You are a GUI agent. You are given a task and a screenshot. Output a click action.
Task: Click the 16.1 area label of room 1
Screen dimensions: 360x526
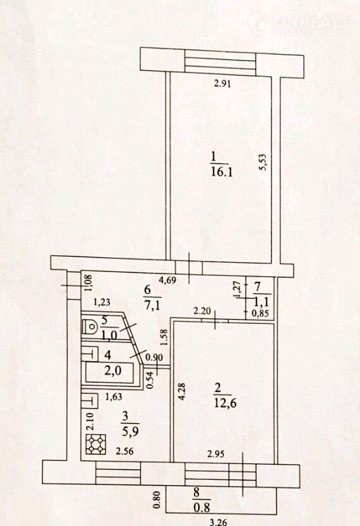(x=222, y=172)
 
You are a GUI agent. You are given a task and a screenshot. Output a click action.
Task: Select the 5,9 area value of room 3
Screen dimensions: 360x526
(x=126, y=431)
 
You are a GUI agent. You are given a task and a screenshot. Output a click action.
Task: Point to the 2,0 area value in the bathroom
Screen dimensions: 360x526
(x=112, y=371)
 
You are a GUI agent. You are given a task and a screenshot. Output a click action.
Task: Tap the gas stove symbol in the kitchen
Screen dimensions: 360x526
(x=96, y=444)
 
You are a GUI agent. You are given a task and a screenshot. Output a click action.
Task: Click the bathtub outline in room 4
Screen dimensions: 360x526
(x=109, y=372)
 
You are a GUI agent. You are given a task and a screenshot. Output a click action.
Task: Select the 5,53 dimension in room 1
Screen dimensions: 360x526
(x=263, y=162)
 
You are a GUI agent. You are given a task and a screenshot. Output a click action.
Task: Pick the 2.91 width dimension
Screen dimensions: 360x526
(x=222, y=83)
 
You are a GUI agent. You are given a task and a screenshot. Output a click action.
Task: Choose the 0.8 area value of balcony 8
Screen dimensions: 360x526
(x=201, y=507)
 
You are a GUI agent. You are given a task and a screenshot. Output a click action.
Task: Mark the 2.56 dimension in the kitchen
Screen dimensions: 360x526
(x=124, y=451)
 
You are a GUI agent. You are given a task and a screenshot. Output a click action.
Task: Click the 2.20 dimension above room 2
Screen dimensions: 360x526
(x=202, y=311)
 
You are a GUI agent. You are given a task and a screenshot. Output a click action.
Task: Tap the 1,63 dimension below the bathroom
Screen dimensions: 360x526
(x=114, y=397)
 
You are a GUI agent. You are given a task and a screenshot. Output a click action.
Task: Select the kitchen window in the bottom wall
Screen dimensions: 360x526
(x=117, y=473)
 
